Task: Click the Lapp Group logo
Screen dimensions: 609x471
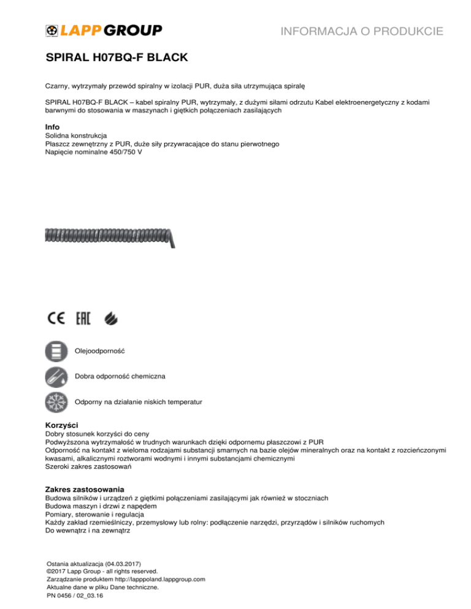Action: tap(104, 30)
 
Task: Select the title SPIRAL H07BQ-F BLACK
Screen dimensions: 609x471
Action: tap(117, 59)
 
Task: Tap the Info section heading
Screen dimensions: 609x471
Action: tap(53, 126)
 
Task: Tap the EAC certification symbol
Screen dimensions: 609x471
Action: tap(83, 319)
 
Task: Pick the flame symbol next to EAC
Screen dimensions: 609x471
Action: tap(112, 319)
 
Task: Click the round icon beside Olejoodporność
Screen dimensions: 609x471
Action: tap(57, 352)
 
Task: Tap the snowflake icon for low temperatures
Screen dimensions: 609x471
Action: tap(57, 403)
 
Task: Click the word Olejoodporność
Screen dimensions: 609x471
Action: tap(99, 352)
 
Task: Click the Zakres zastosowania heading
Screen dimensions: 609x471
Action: tap(85, 490)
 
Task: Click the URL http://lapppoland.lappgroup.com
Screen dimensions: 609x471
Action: tap(156, 578)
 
